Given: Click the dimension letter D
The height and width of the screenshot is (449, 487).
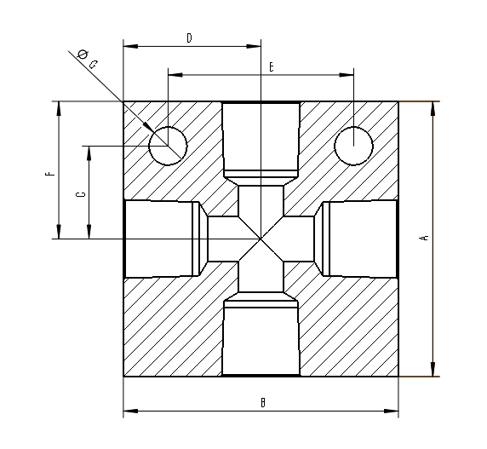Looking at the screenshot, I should point(189,37).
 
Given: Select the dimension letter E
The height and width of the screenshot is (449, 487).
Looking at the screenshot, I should point(270,66).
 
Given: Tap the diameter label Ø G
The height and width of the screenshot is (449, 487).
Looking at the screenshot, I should point(87,59).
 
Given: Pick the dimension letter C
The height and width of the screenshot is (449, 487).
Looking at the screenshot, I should point(80,194).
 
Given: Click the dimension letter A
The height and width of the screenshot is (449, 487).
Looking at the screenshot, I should point(423,239).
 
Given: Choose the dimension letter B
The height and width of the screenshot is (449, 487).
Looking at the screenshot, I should point(263,402).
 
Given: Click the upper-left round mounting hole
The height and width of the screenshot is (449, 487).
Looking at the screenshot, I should point(168,144).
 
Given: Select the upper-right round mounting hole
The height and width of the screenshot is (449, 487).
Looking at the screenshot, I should point(353,144).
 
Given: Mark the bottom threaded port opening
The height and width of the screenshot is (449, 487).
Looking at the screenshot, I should point(261,341).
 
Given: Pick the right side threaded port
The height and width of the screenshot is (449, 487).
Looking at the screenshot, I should point(359,239).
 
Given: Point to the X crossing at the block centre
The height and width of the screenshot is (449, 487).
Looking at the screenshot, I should point(261,239).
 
